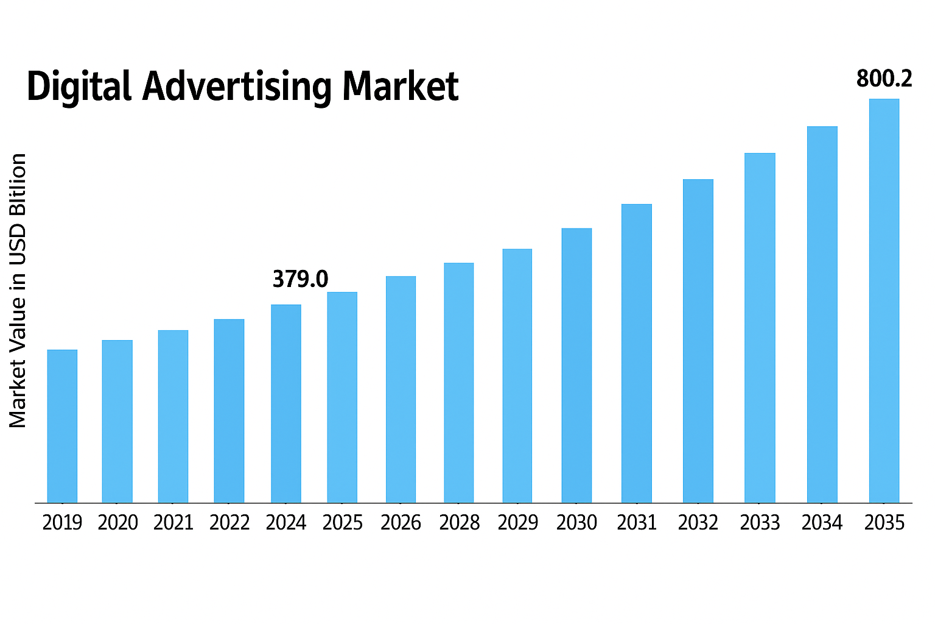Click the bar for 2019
click(62, 426)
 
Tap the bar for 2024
click(286, 403)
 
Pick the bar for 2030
click(576, 366)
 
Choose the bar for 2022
click(229, 411)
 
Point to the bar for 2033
click(760, 328)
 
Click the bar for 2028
click(459, 383)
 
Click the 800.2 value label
click(884, 79)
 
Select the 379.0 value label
click(300, 279)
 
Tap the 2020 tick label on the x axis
click(118, 523)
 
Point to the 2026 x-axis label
click(401, 523)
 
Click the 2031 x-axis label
click(637, 523)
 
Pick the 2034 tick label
click(822, 523)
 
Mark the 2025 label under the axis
click(343, 523)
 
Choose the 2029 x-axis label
click(518, 523)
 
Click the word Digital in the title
click(79, 87)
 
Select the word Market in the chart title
click(400, 87)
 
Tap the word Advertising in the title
click(237, 87)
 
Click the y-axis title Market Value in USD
click(18, 291)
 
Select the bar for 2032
click(698, 341)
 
